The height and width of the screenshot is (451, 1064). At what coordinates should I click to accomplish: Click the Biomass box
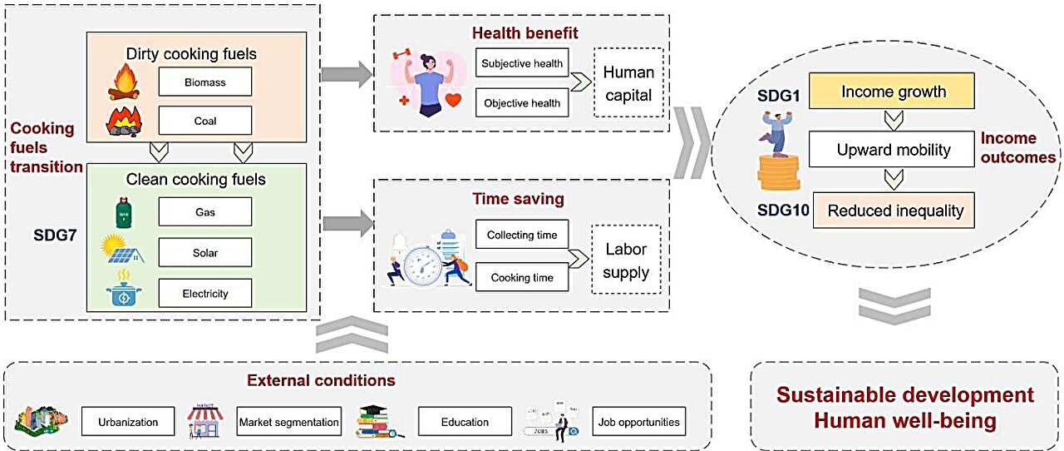tap(204, 82)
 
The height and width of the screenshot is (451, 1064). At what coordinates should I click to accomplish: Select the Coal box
tap(204, 121)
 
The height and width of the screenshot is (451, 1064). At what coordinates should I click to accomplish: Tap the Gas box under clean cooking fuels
tap(204, 212)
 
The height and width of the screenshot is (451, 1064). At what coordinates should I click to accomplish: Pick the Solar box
tap(204, 252)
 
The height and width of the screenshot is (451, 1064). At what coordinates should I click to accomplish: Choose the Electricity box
tap(204, 293)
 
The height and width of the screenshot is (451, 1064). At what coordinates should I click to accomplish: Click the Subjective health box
tap(522, 63)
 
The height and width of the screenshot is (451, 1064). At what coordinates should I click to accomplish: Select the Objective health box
tap(522, 103)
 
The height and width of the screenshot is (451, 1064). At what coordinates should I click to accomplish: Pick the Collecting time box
tap(522, 235)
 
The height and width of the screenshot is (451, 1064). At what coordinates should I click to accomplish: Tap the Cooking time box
tap(522, 277)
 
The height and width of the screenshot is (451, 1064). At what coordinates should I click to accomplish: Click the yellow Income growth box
tap(893, 92)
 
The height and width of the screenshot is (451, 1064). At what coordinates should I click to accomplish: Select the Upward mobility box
tap(893, 151)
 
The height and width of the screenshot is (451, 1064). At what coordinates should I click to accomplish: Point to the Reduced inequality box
tap(893, 211)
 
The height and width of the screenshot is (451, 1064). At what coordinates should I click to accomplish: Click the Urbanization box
tap(128, 422)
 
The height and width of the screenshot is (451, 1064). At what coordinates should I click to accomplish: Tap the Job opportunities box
tap(638, 422)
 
